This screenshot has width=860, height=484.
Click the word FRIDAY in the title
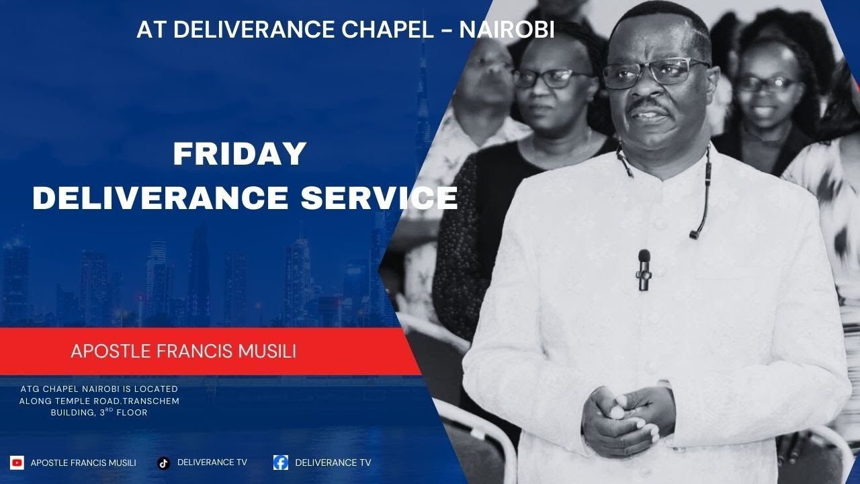coord(240,155)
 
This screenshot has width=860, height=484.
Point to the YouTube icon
coord(17,462)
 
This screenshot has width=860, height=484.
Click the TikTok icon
coord(163,462)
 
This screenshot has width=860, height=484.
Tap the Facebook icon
coord(281,462)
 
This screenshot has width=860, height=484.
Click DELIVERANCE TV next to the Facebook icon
coord(333,462)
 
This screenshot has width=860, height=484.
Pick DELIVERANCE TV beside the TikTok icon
coord(212,462)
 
